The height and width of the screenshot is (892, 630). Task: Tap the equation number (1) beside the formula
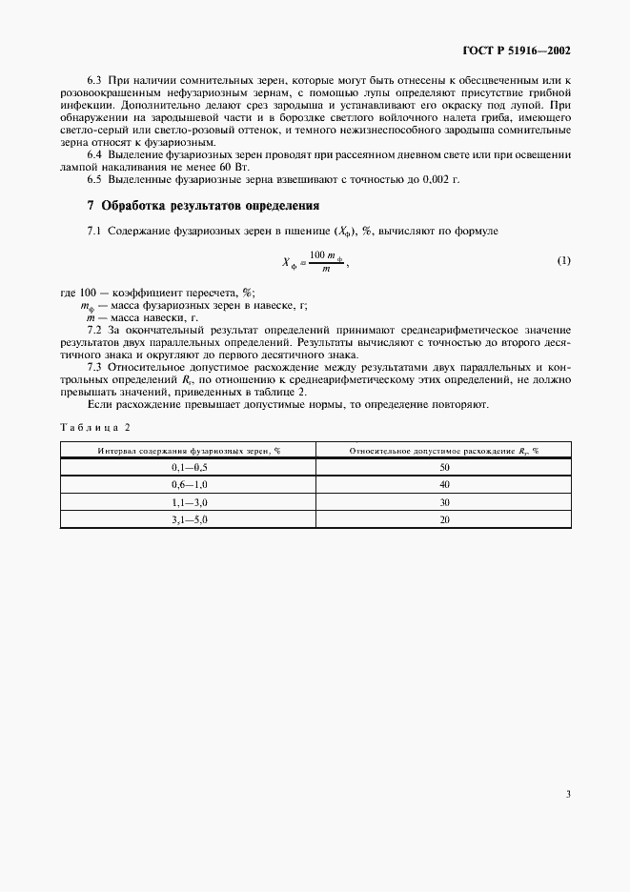pyautogui.click(x=563, y=260)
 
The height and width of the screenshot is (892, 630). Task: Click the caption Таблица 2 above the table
pyautogui.click(x=96, y=426)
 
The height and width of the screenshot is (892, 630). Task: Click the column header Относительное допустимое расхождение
pyautogui.click(x=444, y=449)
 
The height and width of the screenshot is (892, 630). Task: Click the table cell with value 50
pyautogui.click(x=444, y=467)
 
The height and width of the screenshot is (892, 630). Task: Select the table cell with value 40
pyautogui.click(x=444, y=484)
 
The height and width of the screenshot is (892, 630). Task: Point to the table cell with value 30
pyautogui.click(x=444, y=501)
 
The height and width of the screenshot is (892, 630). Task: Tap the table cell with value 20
pyautogui.click(x=444, y=518)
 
